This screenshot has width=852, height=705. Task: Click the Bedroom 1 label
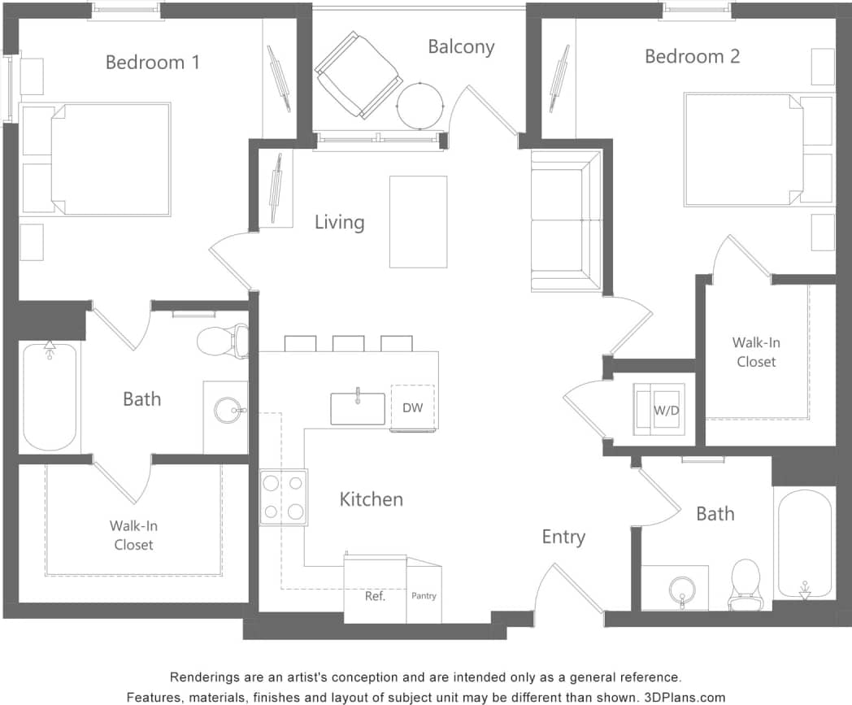coord(152,62)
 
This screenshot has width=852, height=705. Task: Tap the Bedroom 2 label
coord(692,56)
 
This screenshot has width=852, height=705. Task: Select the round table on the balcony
coord(420,105)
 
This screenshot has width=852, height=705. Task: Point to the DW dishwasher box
coord(413,407)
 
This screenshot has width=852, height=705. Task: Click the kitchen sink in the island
coord(358,408)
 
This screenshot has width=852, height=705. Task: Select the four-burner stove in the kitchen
coord(284,497)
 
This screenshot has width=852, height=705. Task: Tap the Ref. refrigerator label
coord(375,596)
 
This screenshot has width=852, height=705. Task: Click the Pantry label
coord(424,596)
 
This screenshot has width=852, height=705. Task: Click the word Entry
coord(563,537)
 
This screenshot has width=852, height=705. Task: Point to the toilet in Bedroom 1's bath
coord(223,341)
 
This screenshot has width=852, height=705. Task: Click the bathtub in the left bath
coord(50,397)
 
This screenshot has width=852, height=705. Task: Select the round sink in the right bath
coord(681,589)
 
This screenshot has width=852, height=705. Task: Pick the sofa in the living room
coord(566,220)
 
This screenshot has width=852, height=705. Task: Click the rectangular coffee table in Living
coord(418,221)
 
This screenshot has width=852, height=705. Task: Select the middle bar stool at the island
coord(348,343)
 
